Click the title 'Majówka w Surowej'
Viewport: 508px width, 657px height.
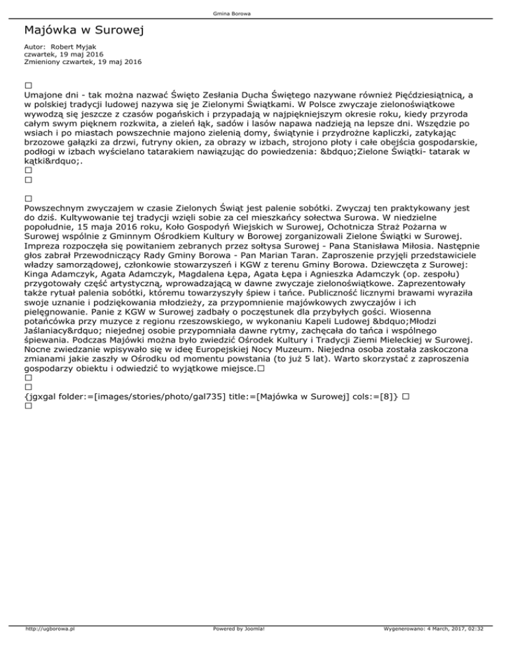coord(83,30)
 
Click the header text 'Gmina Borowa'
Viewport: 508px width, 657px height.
coord(254,14)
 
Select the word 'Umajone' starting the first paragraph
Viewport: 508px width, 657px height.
coord(44,95)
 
